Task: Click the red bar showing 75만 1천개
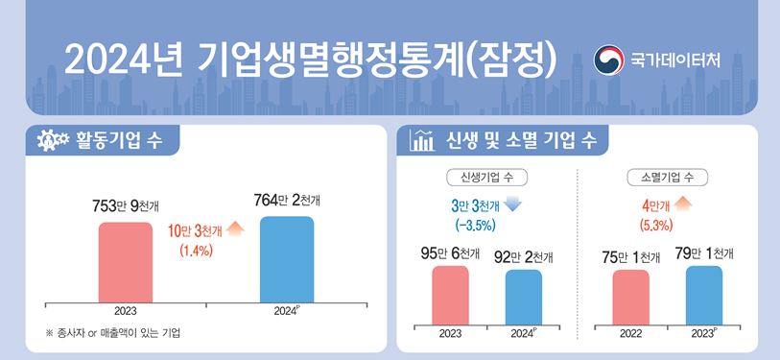click(630, 297)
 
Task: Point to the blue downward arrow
click(511, 205)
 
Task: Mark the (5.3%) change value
click(655, 226)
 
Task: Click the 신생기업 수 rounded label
click(486, 178)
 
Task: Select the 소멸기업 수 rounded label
click(667, 178)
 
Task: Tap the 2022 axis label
click(630, 334)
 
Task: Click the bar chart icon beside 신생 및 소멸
click(420, 140)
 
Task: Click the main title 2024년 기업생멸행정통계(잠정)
click(311, 60)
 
